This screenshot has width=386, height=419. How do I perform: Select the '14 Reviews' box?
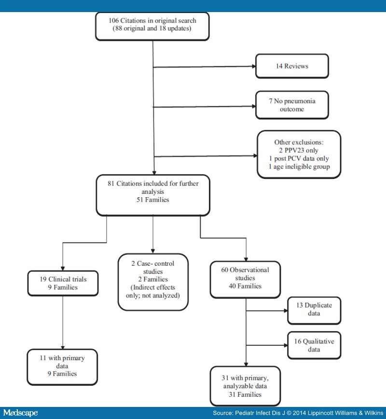pos(292,67)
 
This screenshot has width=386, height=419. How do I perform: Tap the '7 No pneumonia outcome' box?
pos(292,105)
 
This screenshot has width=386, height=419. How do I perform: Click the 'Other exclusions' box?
pos(300,155)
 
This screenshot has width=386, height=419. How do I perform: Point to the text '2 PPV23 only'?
pos(300,150)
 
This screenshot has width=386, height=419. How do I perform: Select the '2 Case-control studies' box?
pos(152,281)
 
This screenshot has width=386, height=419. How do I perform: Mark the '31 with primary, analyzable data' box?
pos(247,385)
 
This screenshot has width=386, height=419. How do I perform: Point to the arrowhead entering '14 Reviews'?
pos(252,67)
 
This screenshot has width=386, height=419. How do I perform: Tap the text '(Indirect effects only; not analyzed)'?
pos(152,292)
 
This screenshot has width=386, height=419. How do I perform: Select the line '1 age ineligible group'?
pos(300,167)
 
